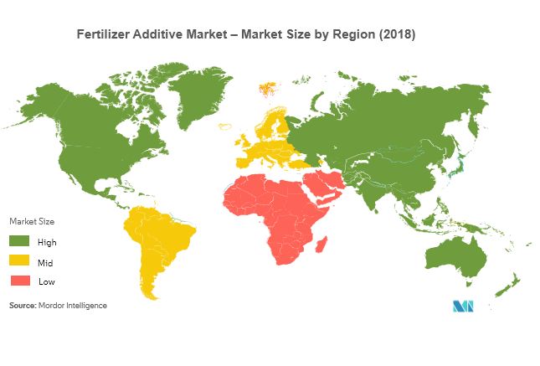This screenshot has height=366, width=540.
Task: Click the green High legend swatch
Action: coord(20,241)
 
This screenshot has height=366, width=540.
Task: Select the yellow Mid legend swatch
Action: coord(20,261)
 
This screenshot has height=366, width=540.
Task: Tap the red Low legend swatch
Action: coord(20,281)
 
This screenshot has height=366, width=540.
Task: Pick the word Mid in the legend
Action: coord(46,261)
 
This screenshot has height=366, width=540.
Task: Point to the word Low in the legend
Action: coord(46,281)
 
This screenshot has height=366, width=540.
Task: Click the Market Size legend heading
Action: coord(32,221)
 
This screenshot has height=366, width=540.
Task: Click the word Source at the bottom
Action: coord(22,306)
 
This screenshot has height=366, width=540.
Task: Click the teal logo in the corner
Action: coord(465,306)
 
